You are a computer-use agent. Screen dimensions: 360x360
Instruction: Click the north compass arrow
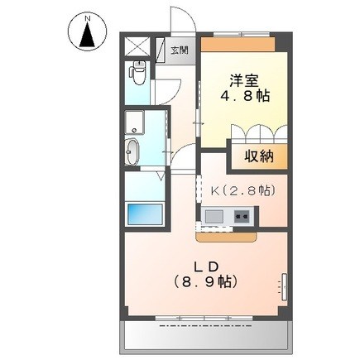(85, 36)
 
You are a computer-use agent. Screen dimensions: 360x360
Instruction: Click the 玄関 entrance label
(180, 50)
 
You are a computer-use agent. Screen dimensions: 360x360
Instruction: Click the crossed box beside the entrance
(137, 47)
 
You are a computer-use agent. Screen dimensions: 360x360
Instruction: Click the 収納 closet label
(256, 156)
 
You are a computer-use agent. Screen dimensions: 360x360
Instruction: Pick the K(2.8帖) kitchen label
(242, 191)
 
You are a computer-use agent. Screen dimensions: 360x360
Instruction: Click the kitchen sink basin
(214, 218)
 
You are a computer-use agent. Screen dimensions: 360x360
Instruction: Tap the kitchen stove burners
(243, 218)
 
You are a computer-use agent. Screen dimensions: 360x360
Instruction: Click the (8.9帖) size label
(208, 282)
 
